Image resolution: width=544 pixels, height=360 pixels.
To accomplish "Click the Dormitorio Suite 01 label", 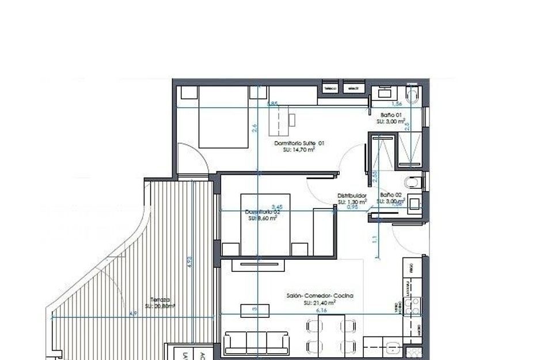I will [299, 143].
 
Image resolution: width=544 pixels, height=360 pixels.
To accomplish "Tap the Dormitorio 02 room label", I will [262, 212].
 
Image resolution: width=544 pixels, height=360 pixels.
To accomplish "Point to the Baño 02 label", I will [391, 195].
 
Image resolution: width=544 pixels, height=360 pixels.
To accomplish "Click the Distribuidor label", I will [352, 196].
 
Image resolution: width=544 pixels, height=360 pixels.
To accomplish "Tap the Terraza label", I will [160, 300].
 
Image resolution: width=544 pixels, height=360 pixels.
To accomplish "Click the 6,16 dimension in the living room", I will [321, 310].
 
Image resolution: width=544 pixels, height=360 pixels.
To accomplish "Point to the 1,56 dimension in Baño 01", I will [396, 104].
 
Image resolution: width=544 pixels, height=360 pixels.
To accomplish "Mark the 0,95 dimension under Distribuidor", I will [352, 207].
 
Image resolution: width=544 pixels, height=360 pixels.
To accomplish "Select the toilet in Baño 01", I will [412, 96].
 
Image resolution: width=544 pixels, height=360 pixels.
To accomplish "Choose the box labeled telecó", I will [330, 89].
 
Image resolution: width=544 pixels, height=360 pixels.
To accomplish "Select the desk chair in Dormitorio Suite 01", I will [292, 120].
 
